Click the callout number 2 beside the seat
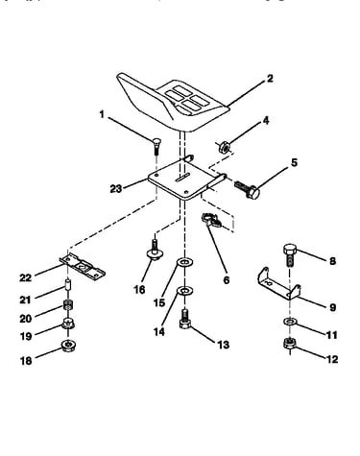point(270,79)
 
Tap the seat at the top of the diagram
point(173,102)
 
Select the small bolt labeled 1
point(156,146)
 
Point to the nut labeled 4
point(224,148)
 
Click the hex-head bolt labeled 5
point(247,189)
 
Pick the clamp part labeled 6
point(211,220)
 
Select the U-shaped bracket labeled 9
point(278,283)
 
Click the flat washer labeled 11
point(290,322)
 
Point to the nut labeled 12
point(290,344)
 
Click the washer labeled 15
point(185,263)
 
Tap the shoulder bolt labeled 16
point(155,251)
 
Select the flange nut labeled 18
point(68,346)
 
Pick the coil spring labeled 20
point(67,304)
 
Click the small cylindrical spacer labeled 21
point(67,285)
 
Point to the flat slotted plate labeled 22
point(83,267)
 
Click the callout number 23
point(116,189)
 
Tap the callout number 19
point(26,336)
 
